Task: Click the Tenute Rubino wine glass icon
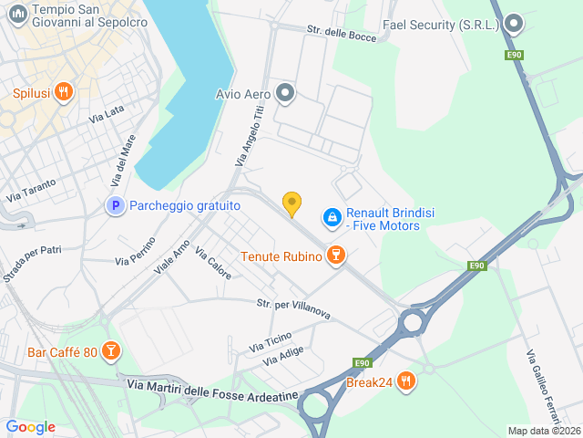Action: pyautogui.click(x=336, y=256)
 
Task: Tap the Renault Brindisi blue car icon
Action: pyautogui.click(x=332, y=217)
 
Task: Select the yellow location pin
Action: pyautogui.click(x=291, y=203)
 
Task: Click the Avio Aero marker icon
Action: pyautogui.click(x=286, y=92)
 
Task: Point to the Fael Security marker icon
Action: pyautogui.click(x=514, y=25)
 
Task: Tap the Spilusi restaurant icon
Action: pyautogui.click(x=63, y=92)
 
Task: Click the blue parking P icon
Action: pyautogui.click(x=115, y=206)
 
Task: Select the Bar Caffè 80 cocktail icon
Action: pyautogui.click(x=110, y=351)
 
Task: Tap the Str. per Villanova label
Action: pyautogui.click(x=292, y=308)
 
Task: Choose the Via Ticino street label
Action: pyautogui.click(x=271, y=342)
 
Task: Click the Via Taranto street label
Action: pyautogui.click(x=32, y=189)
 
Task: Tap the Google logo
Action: pyautogui.click(x=31, y=427)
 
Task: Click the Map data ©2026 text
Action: pyautogui.click(x=543, y=431)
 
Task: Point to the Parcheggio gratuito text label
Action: pyautogui.click(x=184, y=206)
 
